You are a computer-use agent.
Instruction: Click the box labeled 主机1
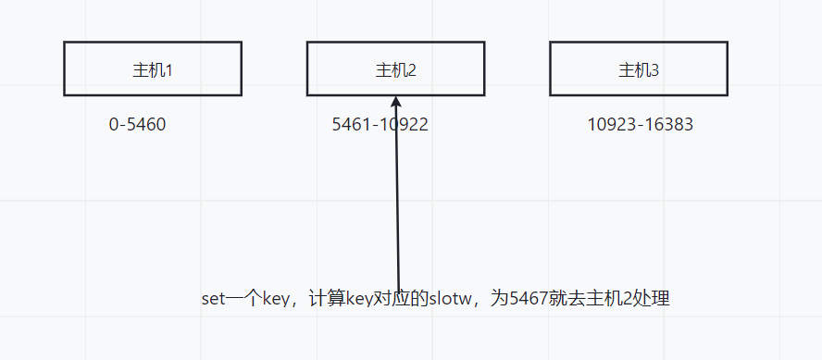pyautogui.click(x=153, y=68)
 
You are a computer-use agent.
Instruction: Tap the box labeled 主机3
pyautogui.click(x=638, y=68)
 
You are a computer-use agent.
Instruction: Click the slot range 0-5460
pyautogui.click(x=137, y=124)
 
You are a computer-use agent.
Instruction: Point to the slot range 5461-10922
pyautogui.click(x=380, y=124)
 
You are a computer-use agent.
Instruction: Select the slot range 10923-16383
pyautogui.click(x=640, y=124)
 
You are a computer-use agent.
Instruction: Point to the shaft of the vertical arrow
pyautogui.click(x=397, y=204)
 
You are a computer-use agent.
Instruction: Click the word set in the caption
pyautogui.click(x=214, y=299)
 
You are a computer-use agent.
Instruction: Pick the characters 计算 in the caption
pyautogui.click(x=328, y=299)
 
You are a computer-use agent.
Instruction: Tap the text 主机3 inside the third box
pyautogui.click(x=638, y=69)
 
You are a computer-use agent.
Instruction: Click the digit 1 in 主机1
pyautogui.click(x=168, y=69)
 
